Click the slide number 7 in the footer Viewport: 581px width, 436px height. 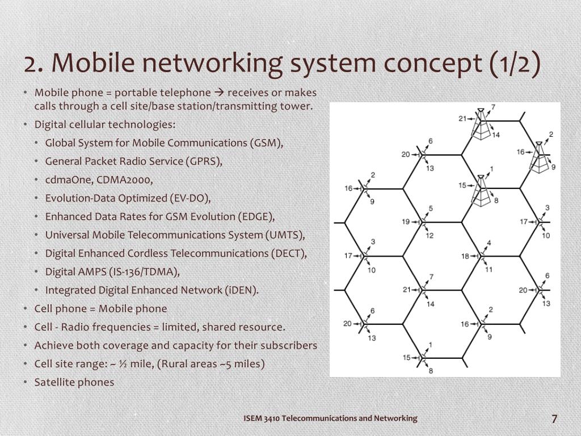[x=554, y=419]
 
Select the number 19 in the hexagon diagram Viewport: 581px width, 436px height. [x=406, y=222]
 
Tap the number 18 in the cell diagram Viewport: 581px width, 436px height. [x=465, y=256]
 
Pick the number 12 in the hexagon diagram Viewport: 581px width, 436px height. [x=430, y=236]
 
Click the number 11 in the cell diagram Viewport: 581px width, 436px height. [x=489, y=269]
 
